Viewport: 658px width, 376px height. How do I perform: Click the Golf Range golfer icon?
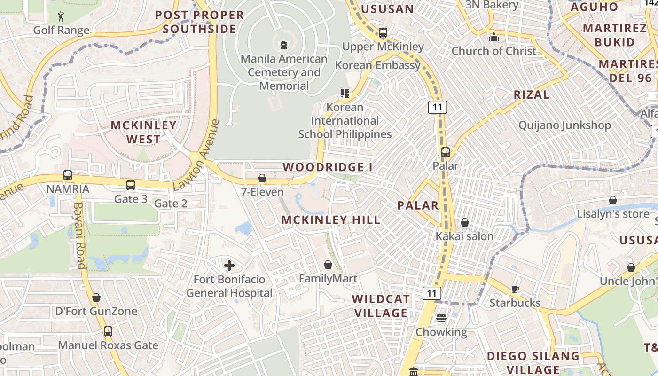point(61,17)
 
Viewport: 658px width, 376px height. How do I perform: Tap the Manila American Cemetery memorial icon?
point(283,45)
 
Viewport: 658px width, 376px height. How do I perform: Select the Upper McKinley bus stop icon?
point(383,33)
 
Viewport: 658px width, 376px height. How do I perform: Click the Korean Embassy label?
point(377,65)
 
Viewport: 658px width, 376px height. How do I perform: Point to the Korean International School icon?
point(345,94)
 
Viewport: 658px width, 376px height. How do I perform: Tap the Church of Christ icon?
point(494,37)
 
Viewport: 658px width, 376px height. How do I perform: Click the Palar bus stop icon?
point(445,152)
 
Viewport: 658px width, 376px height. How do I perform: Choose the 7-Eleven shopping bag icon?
point(262,178)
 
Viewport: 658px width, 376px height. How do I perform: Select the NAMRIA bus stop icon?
point(68,175)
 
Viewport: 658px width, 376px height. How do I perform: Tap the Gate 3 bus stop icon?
point(131,185)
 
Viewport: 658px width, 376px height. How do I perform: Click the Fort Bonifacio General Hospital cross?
point(229,266)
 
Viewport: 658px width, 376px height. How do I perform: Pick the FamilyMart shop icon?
point(328,265)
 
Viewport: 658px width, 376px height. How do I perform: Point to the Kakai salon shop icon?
point(464,222)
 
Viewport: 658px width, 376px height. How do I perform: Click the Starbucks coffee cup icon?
point(515,289)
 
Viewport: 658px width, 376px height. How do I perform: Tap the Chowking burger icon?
point(441,318)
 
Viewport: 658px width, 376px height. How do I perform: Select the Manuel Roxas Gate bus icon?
point(108,331)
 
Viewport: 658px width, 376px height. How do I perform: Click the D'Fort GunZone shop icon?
point(96,298)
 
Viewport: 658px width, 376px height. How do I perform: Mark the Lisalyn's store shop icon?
point(612,200)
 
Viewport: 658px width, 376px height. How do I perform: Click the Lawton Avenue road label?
point(196,155)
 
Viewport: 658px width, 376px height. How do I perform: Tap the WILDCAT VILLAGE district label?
point(381,306)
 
